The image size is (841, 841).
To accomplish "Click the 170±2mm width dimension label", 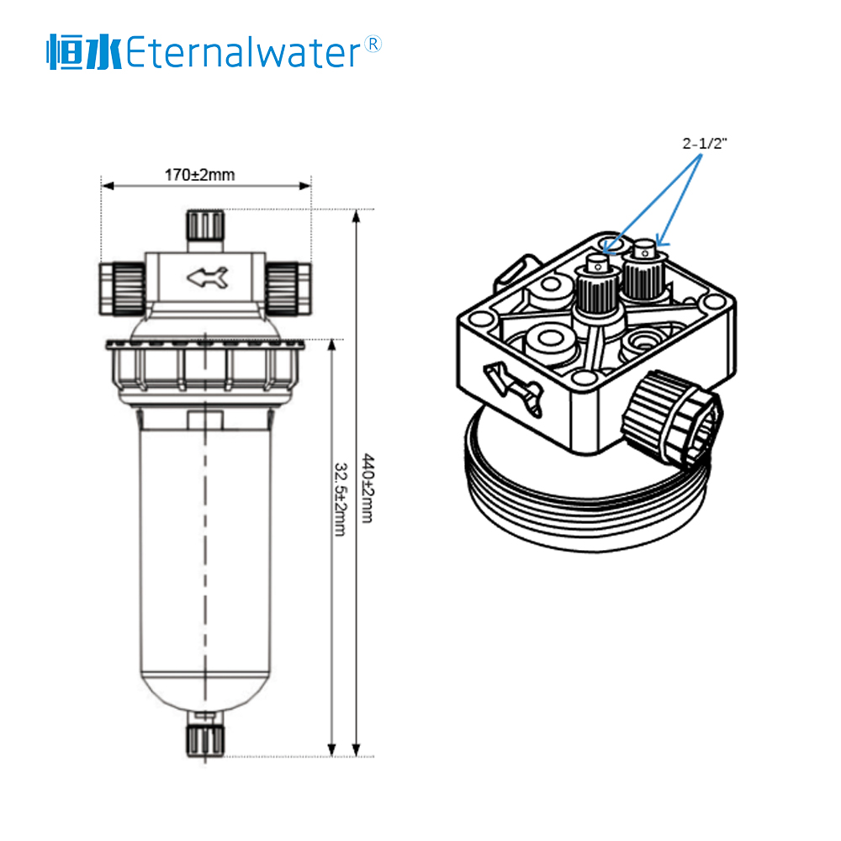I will click(199, 175).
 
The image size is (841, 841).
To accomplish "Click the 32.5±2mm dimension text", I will click(341, 500).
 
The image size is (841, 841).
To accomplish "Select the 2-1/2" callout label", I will click(704, 143).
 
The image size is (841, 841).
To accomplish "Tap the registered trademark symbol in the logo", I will click(373, 44).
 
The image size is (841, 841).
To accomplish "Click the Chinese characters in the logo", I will click(84, 53).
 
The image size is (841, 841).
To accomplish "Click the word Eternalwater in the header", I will click(243, 53).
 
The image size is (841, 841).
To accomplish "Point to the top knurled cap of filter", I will click(205, 225).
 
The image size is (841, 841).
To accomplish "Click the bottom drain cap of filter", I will click(205, 740).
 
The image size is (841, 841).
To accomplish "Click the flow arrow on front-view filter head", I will click(207, 276).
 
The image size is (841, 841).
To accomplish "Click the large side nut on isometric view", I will click(673, 416).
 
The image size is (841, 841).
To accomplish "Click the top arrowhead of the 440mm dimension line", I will click(357, 215).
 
